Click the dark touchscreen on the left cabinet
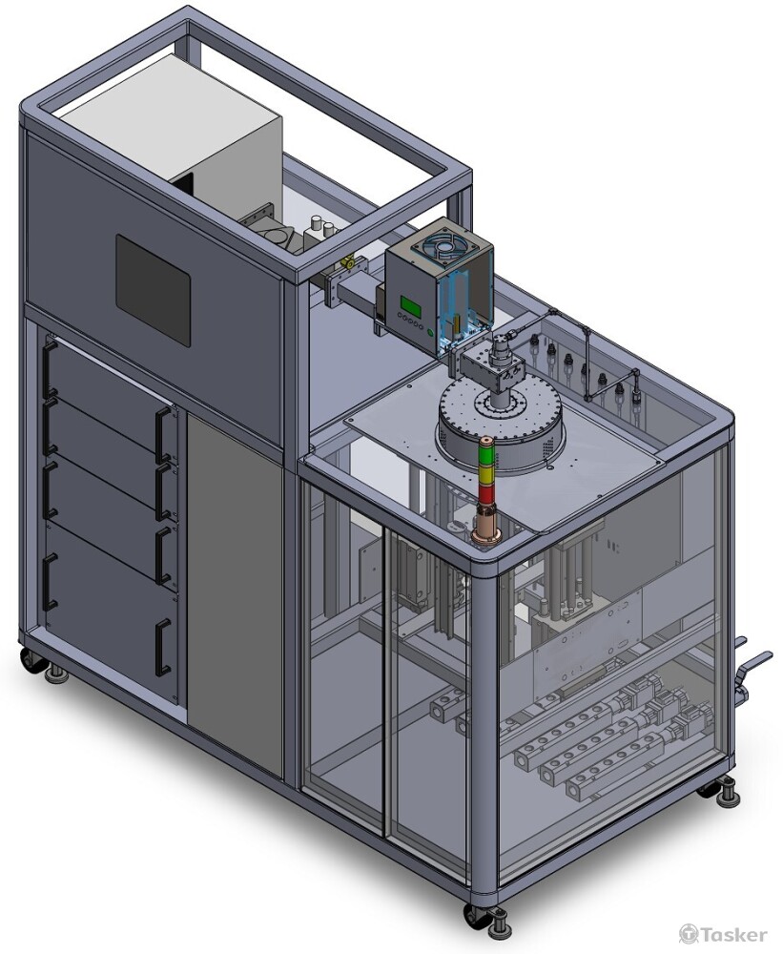click(154, 290)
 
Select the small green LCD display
click(409, 301)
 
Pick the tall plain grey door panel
click(236, 593)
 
